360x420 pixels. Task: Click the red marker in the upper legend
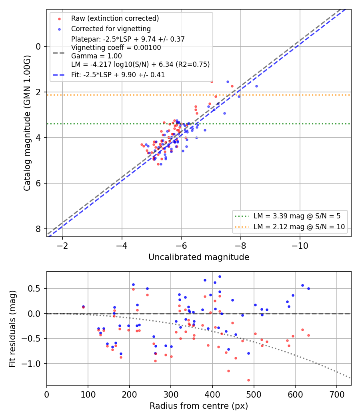60,19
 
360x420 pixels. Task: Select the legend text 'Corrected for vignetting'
111,29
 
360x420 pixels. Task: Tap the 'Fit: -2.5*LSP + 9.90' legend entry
118,75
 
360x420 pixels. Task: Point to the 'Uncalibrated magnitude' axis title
199,257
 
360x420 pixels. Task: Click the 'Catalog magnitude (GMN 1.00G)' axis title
27,123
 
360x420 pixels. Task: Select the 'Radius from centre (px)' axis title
199,406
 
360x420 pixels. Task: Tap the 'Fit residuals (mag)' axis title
12,329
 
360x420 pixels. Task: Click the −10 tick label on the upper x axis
300,246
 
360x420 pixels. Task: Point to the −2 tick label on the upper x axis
62,246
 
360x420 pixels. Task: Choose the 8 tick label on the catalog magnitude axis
38,229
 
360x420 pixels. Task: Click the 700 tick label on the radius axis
337,394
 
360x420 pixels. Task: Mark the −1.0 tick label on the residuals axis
34,364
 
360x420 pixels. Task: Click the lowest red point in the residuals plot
248,380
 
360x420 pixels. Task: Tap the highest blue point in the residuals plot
220,276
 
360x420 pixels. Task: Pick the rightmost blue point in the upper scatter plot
257,86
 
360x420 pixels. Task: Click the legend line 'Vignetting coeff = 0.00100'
116,48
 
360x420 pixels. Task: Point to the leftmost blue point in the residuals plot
83,307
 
